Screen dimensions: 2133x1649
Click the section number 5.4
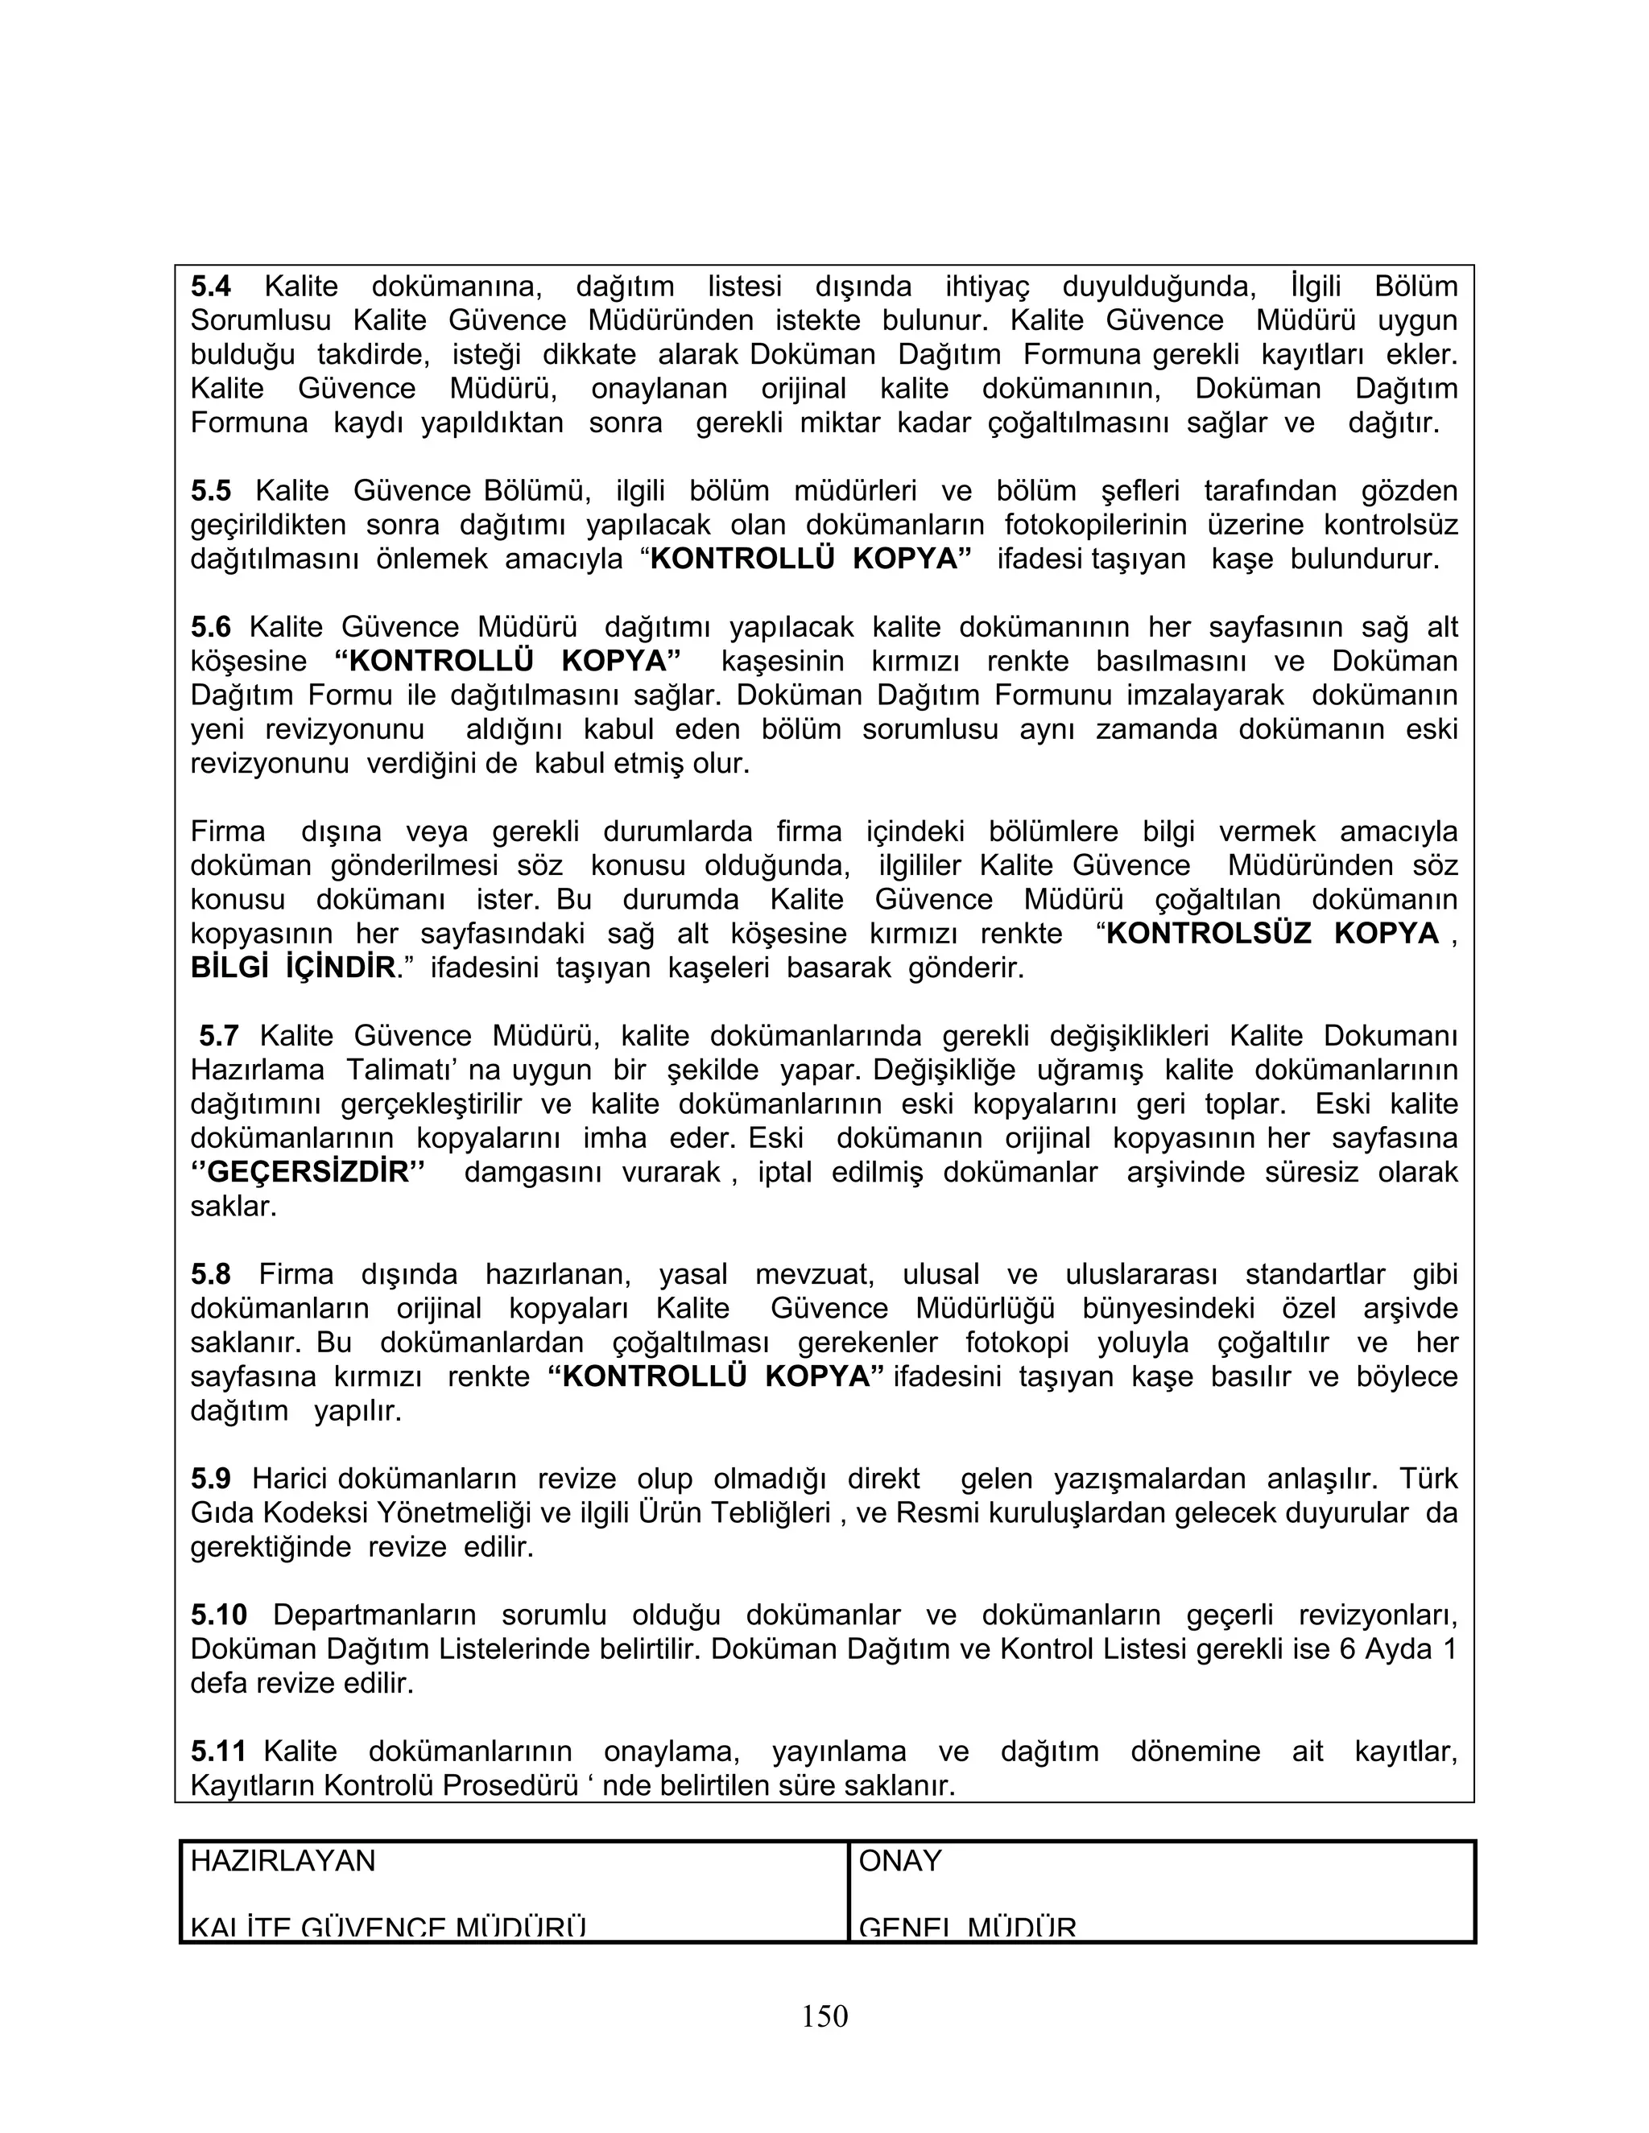[x=211, y=287]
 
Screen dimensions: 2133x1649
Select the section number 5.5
[x=211, y=491]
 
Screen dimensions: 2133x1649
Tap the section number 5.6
[x=211, y=627]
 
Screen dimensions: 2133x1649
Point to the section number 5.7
[x=219, y=1036]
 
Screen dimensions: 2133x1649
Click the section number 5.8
[x=211, y=1274]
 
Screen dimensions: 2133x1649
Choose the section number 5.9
[x=211, y=1479]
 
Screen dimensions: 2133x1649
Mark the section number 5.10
[x=219, y=1615]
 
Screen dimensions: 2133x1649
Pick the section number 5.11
[x=218, y=1751]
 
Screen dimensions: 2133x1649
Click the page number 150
[x=824, y=2015]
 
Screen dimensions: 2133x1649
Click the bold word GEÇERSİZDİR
[x=308, y=1172]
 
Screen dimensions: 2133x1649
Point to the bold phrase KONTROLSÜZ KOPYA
[x=1272, y=934]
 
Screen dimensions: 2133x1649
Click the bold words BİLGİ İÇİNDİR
[x=293, y=967]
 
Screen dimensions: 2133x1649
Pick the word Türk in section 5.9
[x=1428, y=1479]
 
